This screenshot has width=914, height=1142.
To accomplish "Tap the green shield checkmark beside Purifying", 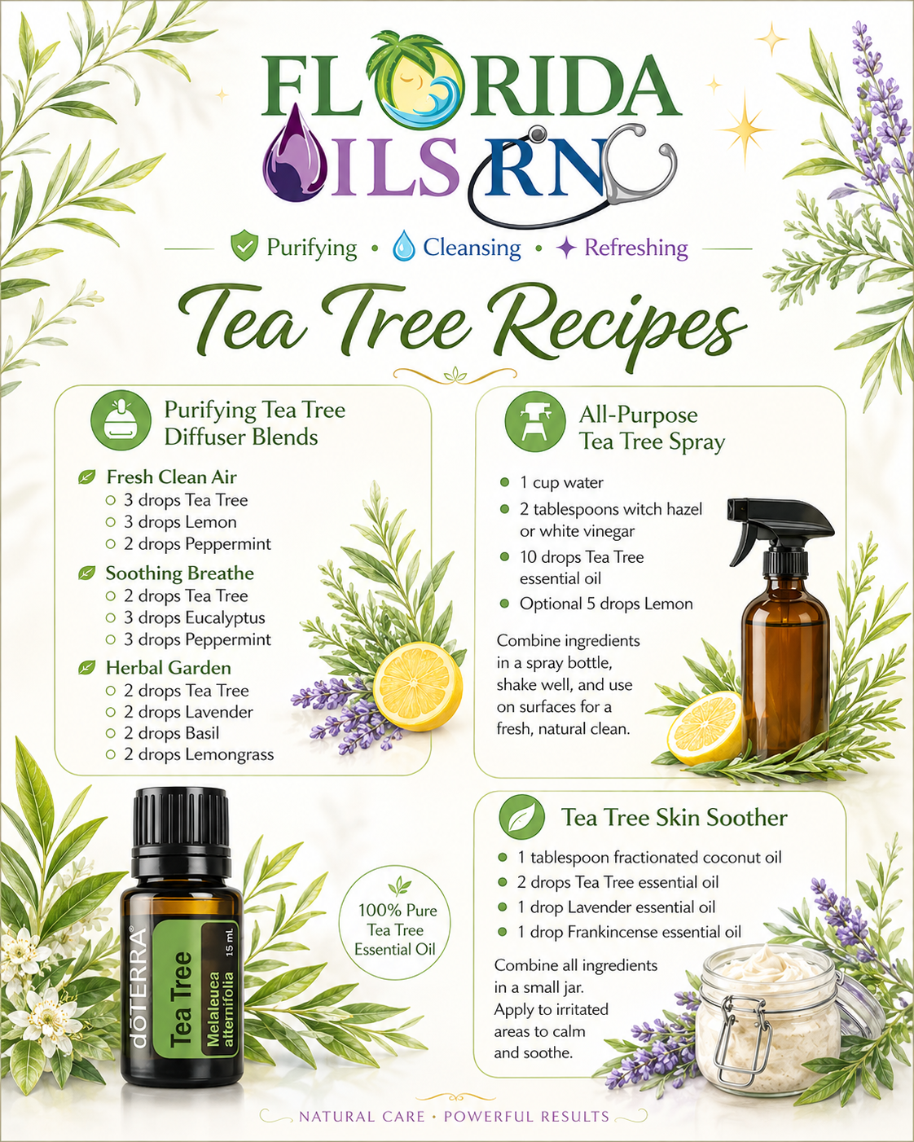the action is (x=244, y=245).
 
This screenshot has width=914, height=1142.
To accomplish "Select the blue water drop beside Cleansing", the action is (x=403, y=246).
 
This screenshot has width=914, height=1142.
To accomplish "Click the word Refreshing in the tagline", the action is (x=636, y=248).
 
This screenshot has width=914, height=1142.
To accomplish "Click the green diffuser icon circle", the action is (x=121, y=421).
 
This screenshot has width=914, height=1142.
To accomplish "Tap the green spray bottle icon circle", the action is (x=535, y=422).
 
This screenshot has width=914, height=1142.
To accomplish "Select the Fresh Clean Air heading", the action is (x=171, y=477).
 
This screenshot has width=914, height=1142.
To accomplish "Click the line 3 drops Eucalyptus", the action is (x=194, y=617).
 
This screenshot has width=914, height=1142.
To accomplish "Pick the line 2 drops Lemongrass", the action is (x=199, y=754).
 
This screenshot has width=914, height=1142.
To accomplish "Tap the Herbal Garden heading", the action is (x=169, y=668).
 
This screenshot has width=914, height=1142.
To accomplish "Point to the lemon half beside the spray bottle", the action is (x=705, y=728).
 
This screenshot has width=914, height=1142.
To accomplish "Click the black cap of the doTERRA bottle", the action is (x=182, y=832).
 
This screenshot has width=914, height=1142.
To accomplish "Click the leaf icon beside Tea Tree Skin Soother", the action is (x=521, y=817).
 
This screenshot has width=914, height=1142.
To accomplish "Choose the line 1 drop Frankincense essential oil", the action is (x=630, y=932).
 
